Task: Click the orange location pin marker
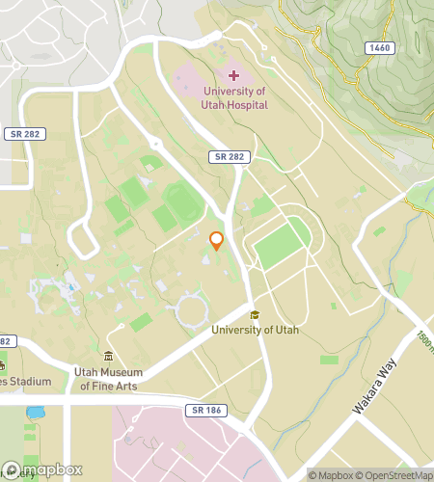click(217, 241)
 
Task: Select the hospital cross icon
click(233, 75)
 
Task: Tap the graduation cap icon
click(255, 314)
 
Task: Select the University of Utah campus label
click(256, 330)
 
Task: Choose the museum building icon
click(108, 358)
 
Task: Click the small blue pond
click(36, 413)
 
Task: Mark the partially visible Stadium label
click(25, 382)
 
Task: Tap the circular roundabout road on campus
click(192, 309)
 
